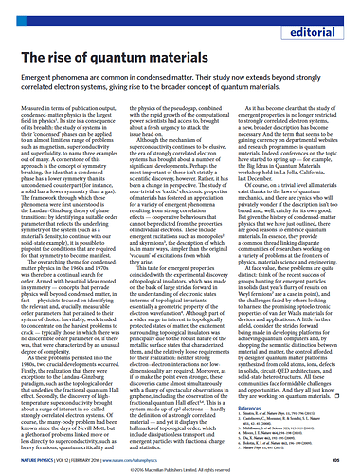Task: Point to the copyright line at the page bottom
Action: pyautogui.click(x=180, y=468)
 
